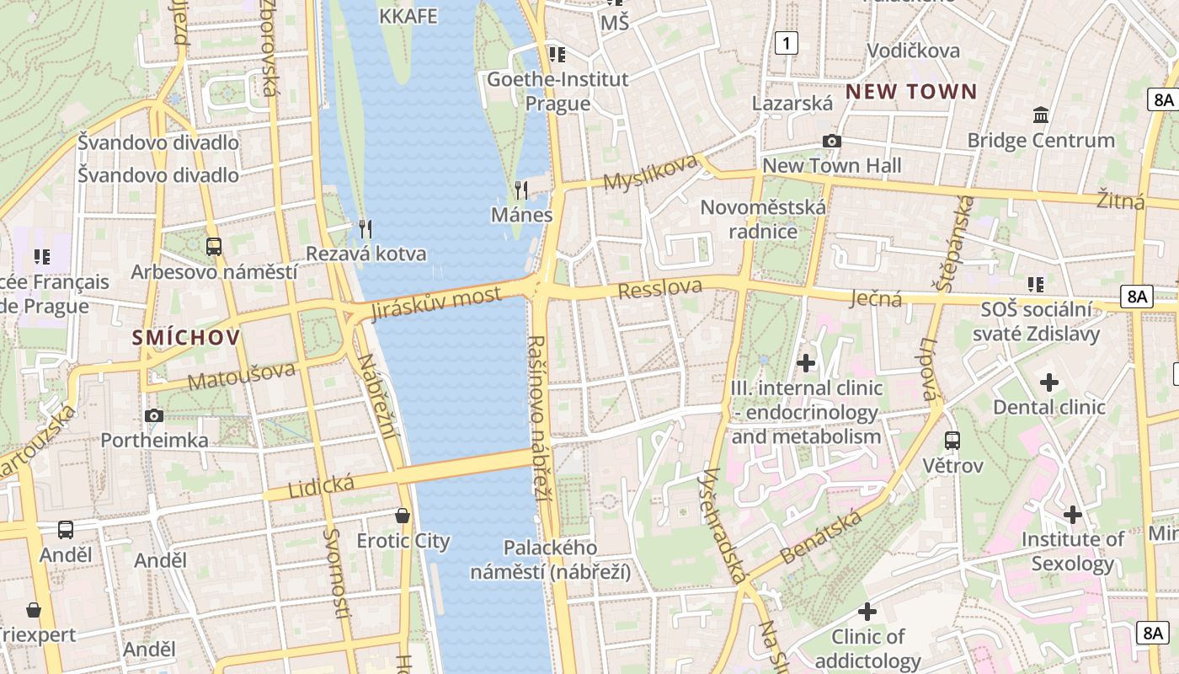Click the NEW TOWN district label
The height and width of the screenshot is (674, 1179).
point(911,92)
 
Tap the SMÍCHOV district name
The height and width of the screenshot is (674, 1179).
point(186,338)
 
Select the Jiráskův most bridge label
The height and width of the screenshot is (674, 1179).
point(435,304)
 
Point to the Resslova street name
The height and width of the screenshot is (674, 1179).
point(659,289)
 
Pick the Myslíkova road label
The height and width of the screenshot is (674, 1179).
point(651,173)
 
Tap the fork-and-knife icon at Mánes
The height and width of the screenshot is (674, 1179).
point(521,190)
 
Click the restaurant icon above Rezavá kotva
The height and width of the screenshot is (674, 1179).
point(365,228)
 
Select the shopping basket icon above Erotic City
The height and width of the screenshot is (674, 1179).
point(403,515)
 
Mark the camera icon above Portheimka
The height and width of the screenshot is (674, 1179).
point(154,415)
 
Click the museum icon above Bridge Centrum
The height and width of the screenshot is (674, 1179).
point(1041,115)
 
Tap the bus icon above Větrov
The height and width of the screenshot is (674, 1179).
point(952,440)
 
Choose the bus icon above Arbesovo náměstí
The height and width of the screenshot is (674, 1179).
point(214,247)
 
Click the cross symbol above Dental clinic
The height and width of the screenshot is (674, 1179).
point(1048,382)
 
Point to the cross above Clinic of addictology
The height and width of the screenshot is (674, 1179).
point(867,612)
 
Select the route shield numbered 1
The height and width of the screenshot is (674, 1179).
point(786,43)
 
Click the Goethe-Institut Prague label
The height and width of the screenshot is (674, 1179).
point(557,91)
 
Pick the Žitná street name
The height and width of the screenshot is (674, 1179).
point(1120,201)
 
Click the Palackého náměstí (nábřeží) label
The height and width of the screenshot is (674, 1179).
point(551,560)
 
